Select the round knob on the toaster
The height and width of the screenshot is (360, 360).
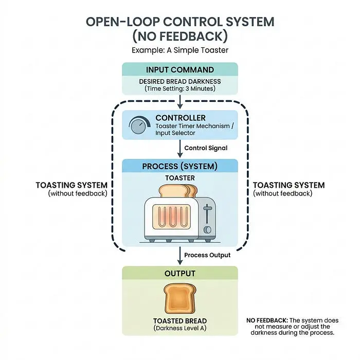tap(208, 229)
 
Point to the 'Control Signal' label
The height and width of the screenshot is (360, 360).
tap(206, 148)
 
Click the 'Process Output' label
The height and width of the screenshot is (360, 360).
tap(207, 255)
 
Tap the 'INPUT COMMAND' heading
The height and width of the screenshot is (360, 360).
tap(180, 70)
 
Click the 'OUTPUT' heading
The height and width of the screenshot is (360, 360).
tap(180, 274)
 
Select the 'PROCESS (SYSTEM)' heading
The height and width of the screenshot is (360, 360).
tap(180, 167)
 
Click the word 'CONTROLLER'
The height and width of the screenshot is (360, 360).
tap(181, 118)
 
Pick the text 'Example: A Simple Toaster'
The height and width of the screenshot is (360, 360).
tap(180, 50)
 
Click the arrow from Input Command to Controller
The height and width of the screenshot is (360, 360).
tap(180, 102)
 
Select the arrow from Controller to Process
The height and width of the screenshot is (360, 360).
tap(180, 149)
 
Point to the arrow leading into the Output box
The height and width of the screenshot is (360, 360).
tap(180, 256)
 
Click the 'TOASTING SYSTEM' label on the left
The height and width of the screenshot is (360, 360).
tap(71, 185)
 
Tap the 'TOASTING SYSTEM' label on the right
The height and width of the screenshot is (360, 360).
tap(289, 185)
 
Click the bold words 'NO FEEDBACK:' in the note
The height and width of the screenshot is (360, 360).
tap(267, 320)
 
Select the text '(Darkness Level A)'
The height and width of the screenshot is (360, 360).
tap(180, 328)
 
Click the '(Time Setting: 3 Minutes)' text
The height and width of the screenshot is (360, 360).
tap(180, 88)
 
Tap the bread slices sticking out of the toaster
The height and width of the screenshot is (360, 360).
tap(178, 191)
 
